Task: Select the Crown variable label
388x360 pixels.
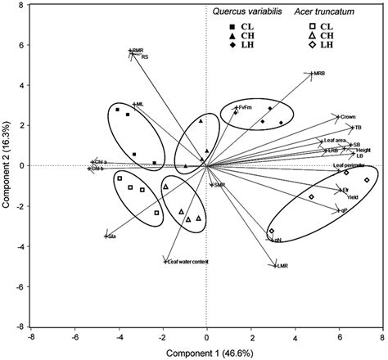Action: (348, 118)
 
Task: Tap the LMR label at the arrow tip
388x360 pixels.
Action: (283, 267)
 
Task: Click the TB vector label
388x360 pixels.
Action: (357, 128)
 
